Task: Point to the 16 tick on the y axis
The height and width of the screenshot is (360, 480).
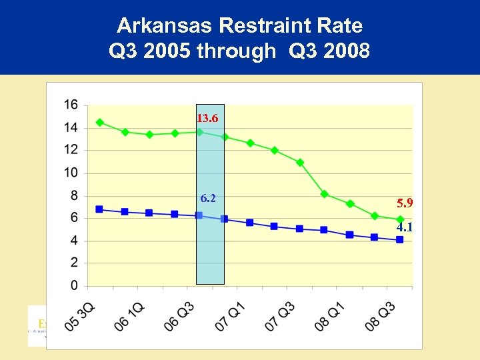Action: point(71,105)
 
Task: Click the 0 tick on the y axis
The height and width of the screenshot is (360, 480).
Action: point(74,286)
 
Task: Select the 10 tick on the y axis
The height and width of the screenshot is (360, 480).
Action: point(71,173)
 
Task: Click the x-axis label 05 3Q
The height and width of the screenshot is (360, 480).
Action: point(81,316)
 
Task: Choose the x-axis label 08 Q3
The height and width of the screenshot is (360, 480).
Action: point(382,316)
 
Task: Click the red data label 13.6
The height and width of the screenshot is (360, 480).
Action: point(207,119)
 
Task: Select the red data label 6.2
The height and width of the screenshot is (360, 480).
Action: point(208,199)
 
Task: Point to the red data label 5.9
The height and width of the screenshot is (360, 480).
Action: point(404,203)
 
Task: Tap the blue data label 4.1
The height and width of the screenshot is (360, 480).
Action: point(404,227)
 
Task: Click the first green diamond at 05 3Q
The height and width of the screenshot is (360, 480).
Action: point(99,123)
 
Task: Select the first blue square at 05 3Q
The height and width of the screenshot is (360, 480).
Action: point(99,209)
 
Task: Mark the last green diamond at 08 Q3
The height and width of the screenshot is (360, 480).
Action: point(400,219)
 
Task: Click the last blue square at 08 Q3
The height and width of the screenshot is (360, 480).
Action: point(400,240)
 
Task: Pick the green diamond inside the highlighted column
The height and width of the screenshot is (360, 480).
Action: point(199,132)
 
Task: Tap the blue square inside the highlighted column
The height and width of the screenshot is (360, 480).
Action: point(199,215)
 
